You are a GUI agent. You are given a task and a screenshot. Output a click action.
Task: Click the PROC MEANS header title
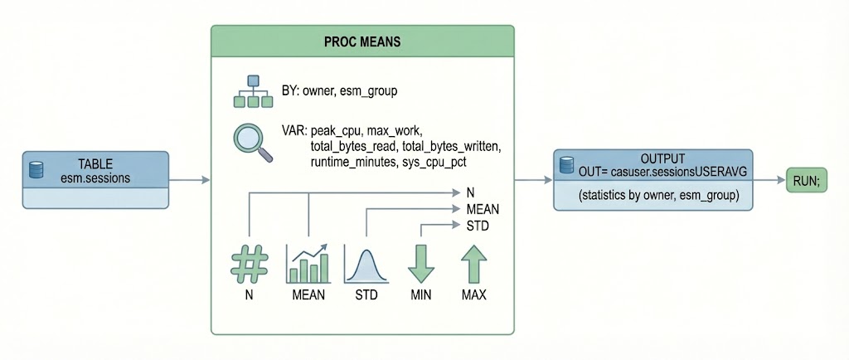tap(362, 41)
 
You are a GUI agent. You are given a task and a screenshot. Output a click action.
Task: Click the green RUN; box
tap(807, 180)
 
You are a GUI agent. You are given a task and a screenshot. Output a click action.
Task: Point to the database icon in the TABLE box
tap(36, 169)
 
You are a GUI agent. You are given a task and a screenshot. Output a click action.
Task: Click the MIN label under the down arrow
tap(420, 295)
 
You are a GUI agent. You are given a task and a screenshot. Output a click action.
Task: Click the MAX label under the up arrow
tap(474, 295)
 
